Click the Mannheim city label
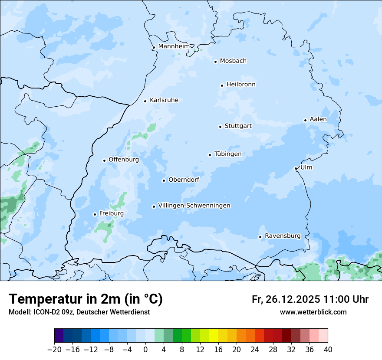(174, 46)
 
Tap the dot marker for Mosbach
(215, 62)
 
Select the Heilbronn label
(241, 85)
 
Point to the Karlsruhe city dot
(145, 101)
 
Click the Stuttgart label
(238, 126)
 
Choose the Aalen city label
(318, 119)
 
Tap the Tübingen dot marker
(210, 155)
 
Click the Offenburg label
(124, 160)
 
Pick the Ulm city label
(306, 167)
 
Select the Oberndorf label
(184, 180)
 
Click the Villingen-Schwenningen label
(194, 206)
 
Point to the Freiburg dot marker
(95, 214)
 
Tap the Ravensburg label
(283, 236)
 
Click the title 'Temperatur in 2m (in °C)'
(86, 299)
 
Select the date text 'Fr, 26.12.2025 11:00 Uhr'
(310, 299)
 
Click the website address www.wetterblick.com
(313, 312)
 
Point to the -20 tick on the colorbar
(55, 349)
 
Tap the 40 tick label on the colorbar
(328, 349)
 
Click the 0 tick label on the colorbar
(145, 349)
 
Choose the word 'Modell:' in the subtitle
(19, 312)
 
